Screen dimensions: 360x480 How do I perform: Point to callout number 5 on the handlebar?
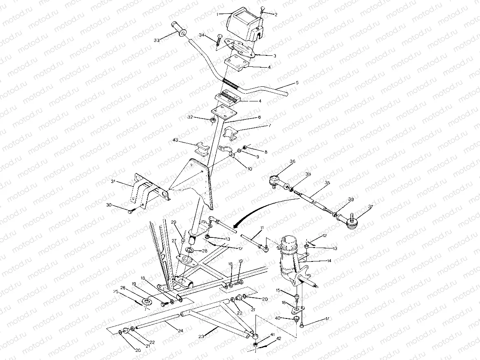coord(297,83)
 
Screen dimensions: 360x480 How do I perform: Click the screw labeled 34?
coord(220,42)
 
